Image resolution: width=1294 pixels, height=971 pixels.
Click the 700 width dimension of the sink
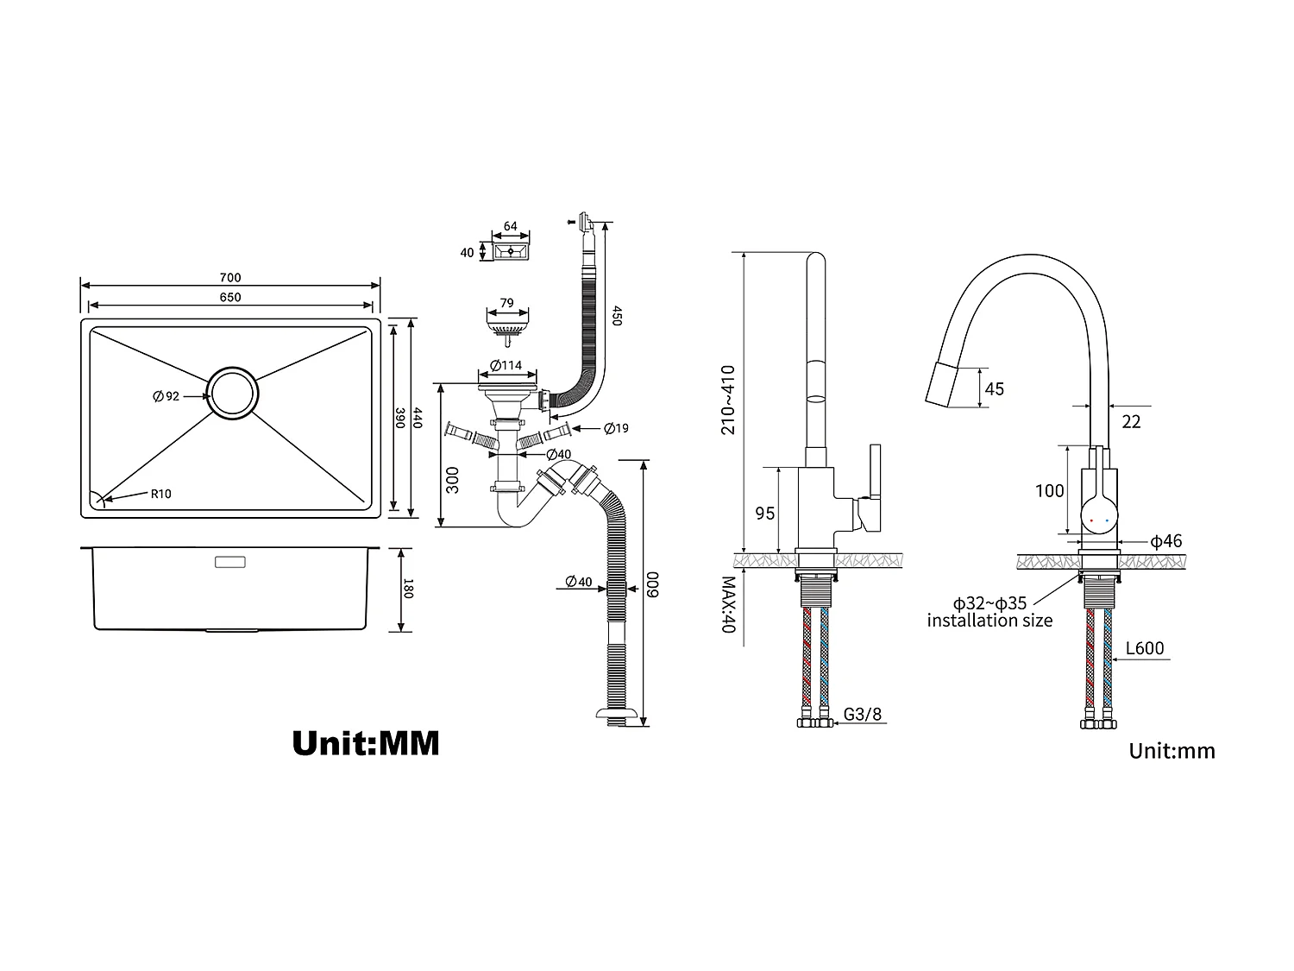[x=230, y=278]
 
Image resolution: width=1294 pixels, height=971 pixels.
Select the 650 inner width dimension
[x=230, y=298]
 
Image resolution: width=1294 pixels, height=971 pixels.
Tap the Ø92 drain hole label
[x=166, y=396]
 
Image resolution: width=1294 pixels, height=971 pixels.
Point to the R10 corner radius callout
[x=161, y=495]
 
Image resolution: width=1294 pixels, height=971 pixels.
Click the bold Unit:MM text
[x=366, y=742]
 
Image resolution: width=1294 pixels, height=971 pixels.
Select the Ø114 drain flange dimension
[x=506, y=365]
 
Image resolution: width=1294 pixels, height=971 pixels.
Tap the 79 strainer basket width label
[x=507, y=303]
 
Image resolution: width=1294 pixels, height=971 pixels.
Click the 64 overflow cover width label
[x=511, y=227]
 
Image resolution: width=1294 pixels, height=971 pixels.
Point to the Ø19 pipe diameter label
[x=616, y=428]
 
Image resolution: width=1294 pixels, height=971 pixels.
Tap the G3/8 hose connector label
[x=863, y=715]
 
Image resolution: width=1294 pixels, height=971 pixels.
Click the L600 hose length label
[x=1145, y=649]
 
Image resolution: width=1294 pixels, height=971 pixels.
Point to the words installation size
[x=989, y=621]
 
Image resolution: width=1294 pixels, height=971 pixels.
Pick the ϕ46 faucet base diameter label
[x=1166, y=542]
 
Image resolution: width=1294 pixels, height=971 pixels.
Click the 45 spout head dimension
[x=994, y=389]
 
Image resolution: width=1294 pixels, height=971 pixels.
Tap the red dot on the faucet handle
[x=1094, y=521]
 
